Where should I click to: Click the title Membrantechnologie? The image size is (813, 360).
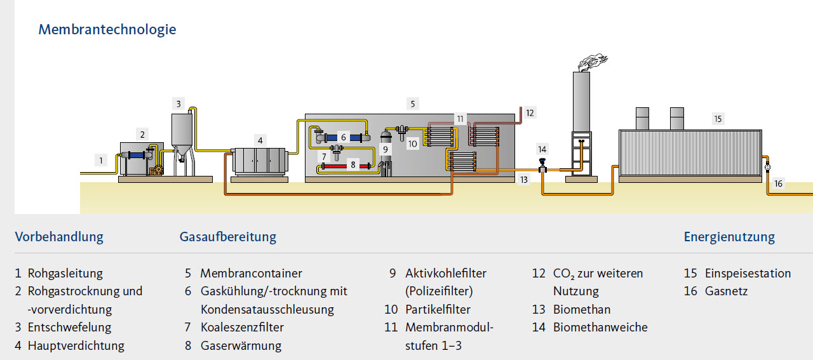(107, 29)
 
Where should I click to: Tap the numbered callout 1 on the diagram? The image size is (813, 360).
(101, 160)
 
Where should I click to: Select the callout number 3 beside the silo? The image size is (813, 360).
(179, 103)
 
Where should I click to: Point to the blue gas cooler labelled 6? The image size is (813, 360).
(344, 137)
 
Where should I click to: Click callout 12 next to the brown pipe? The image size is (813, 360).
(530, 112)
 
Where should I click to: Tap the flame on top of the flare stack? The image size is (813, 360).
(592, 62)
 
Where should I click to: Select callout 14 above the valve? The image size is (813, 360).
(542, 149)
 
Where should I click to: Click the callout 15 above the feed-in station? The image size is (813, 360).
(718, 119)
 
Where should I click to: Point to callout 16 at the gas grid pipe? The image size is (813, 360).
(779, 184)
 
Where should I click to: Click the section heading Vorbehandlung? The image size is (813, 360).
(59, 237)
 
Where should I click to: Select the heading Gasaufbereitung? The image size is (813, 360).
(228, 237)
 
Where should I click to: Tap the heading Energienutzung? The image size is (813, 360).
(729, 237)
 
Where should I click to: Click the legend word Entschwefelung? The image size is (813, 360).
(69, 328)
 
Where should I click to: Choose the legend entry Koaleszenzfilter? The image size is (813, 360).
(242, 328)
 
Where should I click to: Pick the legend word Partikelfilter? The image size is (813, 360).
(438, 310)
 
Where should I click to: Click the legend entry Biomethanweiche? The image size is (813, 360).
(600, 328)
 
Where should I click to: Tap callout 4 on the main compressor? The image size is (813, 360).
(259, 140)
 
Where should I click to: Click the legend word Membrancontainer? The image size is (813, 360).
(251, 274)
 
